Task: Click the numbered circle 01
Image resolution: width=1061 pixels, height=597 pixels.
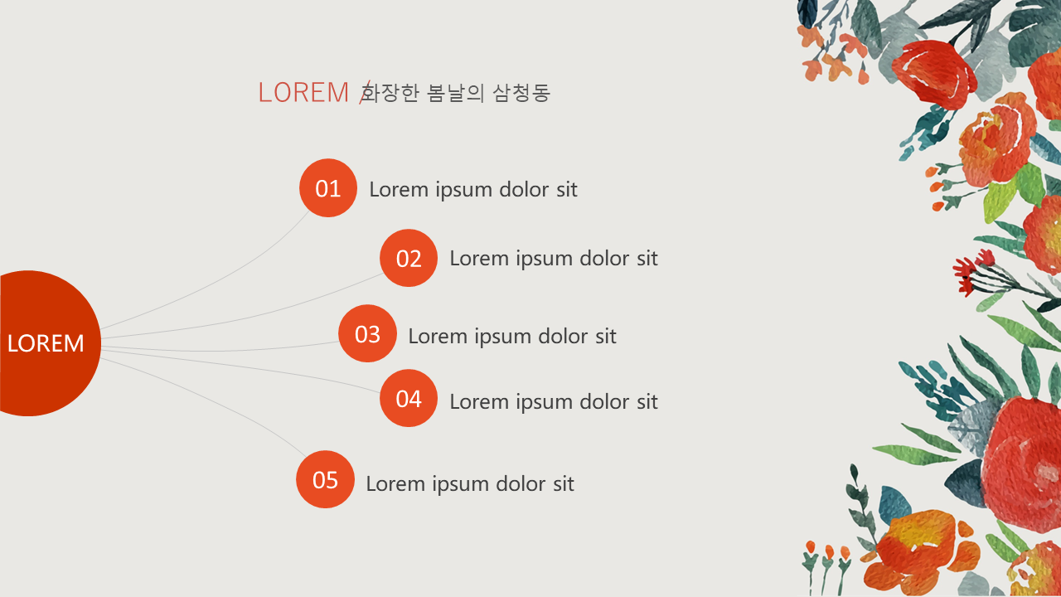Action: (x=327, y=188)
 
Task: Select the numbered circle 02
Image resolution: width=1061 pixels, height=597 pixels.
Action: (x=409, y=258)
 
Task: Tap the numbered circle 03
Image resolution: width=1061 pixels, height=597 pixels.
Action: (x=367, y=333)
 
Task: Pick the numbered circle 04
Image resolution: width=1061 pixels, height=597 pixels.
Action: (x=409, y=399)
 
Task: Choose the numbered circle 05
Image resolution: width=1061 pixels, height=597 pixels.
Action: (x=325, y=479)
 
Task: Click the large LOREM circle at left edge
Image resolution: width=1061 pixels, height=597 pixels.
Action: (x=47, y=343)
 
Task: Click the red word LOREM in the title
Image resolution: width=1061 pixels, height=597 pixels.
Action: (x=303, y=92)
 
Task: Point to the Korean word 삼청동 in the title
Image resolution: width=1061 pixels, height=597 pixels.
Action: (x=521, y=92)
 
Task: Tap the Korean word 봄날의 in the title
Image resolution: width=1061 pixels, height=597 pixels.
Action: (x=455, y=92)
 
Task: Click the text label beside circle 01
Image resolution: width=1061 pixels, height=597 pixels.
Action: (x=473, y=190)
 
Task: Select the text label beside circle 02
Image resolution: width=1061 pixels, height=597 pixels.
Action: (x=554, y=259)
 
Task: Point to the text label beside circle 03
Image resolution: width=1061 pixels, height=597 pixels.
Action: (x=512, y=337)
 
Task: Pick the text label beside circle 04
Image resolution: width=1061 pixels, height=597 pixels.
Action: (x=554, y=402)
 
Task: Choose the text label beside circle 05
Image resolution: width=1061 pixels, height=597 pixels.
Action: (x=470, y=483)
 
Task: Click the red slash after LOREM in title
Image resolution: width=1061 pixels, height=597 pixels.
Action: (x=364, y=92)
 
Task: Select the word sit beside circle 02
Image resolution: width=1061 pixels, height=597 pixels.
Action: (x=647, y=258)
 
